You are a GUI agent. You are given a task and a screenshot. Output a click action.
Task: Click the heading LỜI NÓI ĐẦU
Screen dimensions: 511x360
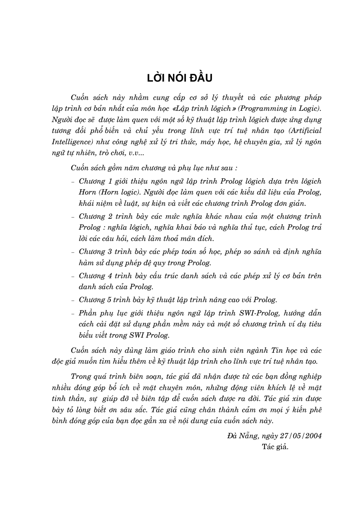(180, 78)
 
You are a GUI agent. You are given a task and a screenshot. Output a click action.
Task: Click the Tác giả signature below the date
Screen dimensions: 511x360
(275, 447)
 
